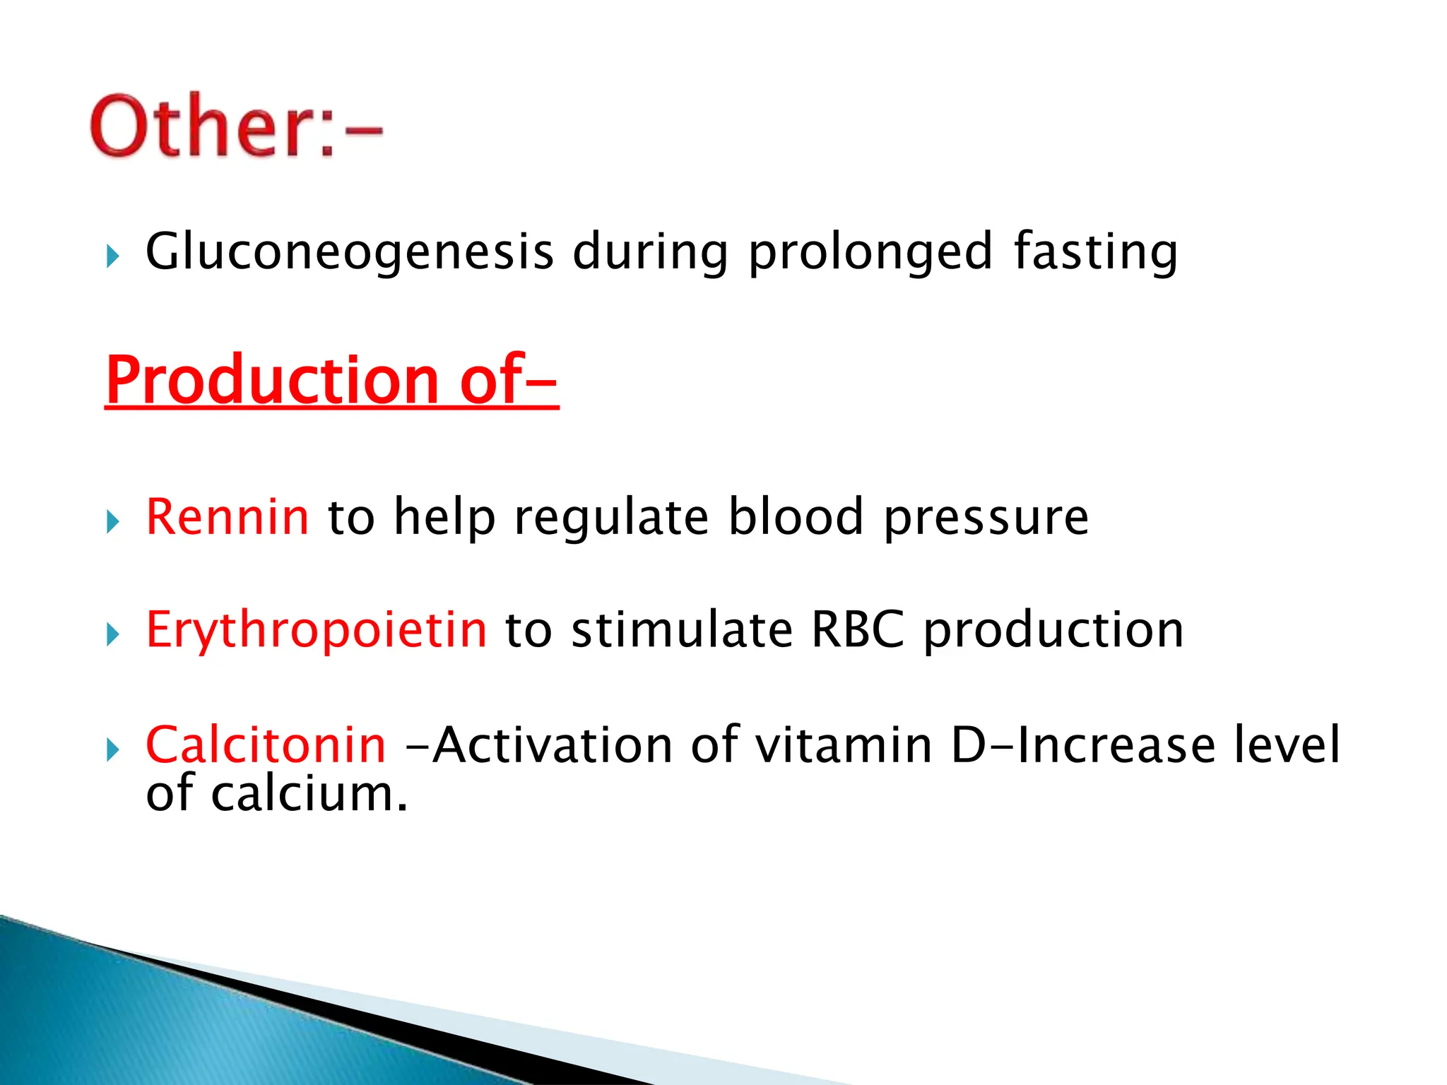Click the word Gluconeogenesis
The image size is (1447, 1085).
pos(349,252)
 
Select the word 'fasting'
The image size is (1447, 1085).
pos(1096,252)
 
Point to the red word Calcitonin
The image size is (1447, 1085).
pos(266,745)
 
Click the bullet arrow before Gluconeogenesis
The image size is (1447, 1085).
pos(112,256)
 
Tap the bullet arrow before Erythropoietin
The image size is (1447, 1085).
pos(112,634)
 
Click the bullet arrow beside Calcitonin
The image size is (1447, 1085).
pos(112,749)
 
